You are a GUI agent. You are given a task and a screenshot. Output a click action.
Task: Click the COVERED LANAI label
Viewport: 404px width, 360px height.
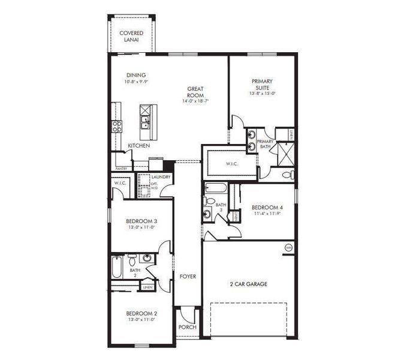click(131, 36)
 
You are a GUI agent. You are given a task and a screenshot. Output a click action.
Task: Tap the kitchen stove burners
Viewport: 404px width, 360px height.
click(116, 125)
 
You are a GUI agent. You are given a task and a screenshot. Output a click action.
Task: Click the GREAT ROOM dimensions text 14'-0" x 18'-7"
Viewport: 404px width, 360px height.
click(196, 101)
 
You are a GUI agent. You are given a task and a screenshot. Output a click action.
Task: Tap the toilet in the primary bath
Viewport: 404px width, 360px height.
click(287, 175)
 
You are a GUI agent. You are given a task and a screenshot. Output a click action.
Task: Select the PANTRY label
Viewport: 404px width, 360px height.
click(121, 169)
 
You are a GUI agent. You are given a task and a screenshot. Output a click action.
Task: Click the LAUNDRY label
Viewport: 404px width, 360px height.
click(161, 177)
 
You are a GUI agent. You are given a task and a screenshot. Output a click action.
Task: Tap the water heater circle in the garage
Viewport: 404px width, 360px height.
click(288, 247)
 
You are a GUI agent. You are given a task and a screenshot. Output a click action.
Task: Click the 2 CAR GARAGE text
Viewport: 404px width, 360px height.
click(248, 284)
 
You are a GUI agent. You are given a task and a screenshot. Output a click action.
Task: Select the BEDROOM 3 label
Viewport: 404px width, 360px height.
click(141, 221)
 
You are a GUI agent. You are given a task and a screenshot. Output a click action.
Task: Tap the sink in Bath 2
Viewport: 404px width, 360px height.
click(146, 258)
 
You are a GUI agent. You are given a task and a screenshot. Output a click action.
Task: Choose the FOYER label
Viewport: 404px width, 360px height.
click(187, 277)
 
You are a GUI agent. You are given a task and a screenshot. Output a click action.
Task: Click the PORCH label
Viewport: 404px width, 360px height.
click(187, 328)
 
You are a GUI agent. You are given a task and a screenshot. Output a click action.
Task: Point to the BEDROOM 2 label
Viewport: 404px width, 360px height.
click(141, 313)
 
